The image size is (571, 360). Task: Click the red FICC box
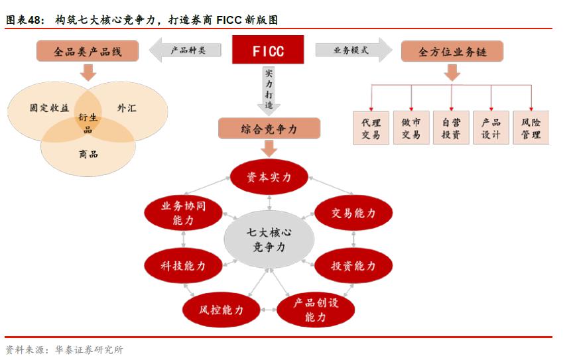[x=268, y=50]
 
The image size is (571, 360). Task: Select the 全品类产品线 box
[x=88, y=51]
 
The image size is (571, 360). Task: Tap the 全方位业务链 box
[x=452, y=51]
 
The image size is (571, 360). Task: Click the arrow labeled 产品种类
[x=186, y=50]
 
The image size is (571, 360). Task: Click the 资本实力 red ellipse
[x=269, y=177]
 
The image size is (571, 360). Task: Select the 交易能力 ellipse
[x=353, y=213]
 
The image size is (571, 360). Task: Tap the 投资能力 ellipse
[x=353, y=266]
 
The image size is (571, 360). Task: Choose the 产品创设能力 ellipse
[x=316, y=310]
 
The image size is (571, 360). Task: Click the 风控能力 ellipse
[x=222, y=310]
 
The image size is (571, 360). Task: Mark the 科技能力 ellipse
[x=183, y=266]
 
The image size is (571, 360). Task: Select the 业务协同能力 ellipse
[x=183, y=213]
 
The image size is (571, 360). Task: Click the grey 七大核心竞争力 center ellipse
[x=269, y=239]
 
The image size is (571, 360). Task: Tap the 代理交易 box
[x=371, y=129]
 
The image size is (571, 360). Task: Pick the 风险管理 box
[x=531, y=129]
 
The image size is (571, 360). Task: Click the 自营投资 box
[x=451, y=129]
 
